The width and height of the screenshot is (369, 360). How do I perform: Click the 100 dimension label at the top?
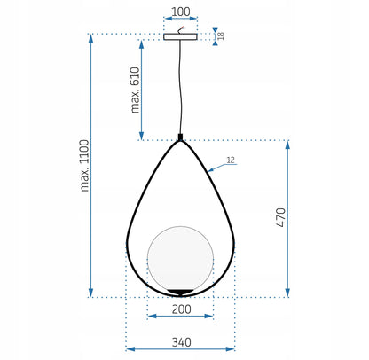pyautogui.click(x=181, y=12)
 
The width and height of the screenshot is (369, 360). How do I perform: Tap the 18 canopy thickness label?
pyautogui.click(x=221, y=35)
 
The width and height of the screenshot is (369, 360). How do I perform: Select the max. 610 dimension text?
pyautogui.click(x=135, y=90)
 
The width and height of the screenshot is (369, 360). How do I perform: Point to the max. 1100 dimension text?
pyautogui.click(x=84, y=166)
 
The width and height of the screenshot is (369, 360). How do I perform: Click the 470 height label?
pyautogui.click(x=281, y=217)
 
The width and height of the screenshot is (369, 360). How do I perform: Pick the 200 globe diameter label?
pyautogui.click(x=181, y=309)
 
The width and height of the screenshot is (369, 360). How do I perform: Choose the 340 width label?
pyautogui.click(x=181, y=342)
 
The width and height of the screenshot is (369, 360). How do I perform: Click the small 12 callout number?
pyautogui.click(x=231, y=160)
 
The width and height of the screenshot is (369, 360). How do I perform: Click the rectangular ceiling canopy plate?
pyautogui.click(x=181, y=36)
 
